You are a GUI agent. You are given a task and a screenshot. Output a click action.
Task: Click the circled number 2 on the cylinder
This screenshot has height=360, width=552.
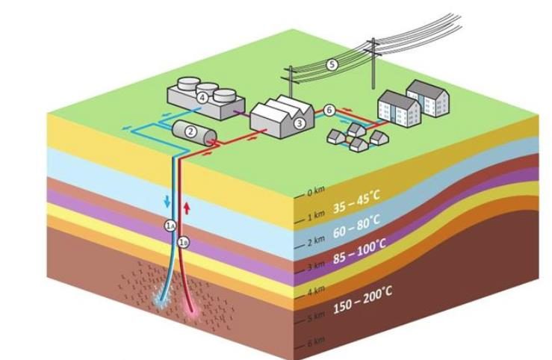pyautogui.click(x=190, y=132)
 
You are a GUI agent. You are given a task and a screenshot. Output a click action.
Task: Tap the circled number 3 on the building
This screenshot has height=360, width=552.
pyautogui.click(x=300, y=123)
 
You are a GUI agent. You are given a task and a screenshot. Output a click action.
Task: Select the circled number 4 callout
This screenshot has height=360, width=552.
pyautogui.click(x=202, y=96)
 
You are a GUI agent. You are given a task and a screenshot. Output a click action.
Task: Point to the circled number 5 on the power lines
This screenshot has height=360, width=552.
pyautogui.click(x=332, y=65)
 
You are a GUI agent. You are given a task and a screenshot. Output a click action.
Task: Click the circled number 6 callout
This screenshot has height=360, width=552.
pyautogui.click(x=329, y=110)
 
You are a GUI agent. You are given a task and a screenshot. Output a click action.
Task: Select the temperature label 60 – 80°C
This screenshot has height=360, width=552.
pyautogui.click(x=357, y=221)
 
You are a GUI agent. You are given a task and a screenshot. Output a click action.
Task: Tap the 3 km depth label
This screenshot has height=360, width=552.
pyautogui.click(x=316, y=265)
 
